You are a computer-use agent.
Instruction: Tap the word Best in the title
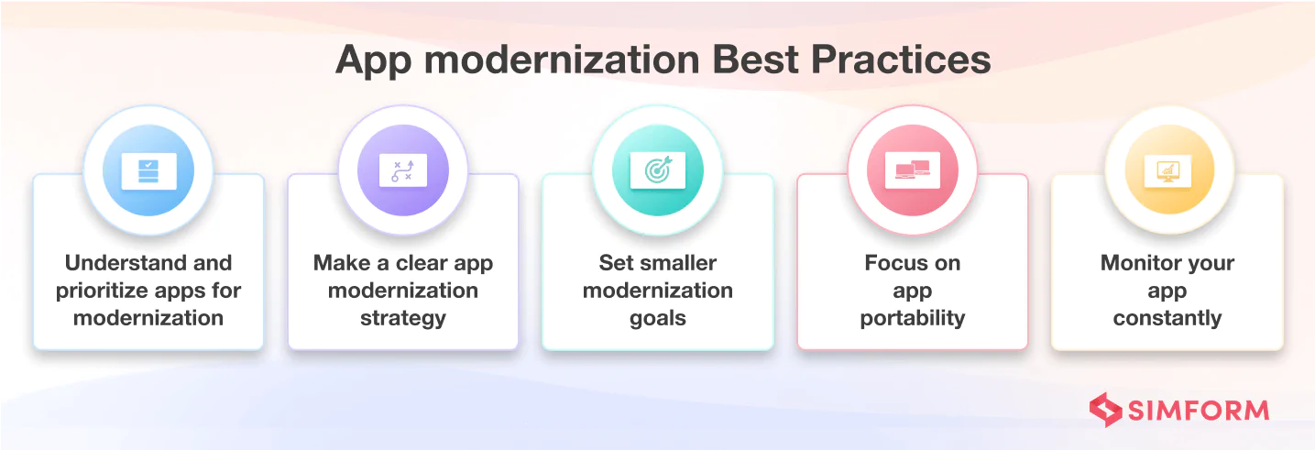(x=755, y=60)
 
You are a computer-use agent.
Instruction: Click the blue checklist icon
(x=148, y=171)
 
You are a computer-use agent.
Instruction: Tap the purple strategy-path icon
(x=403, y=171)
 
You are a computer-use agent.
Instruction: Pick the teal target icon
(x=658, y=170)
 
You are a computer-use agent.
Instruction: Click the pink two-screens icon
(x=913, y=170)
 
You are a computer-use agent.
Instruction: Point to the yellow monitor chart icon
(x=1167, y=171)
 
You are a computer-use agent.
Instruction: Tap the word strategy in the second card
(x=403, y=319)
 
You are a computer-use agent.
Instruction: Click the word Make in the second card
(x=342, y=263)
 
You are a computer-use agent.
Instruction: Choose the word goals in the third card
(x=658, y=319)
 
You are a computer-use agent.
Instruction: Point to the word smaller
(x=679, y=263)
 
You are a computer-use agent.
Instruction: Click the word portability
(x=913, y=319)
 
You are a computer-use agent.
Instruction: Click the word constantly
(x=1167, y=319)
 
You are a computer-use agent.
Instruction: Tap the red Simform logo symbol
(x=1106, y=410)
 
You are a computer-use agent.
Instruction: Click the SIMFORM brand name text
(x=1199, y=411)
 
